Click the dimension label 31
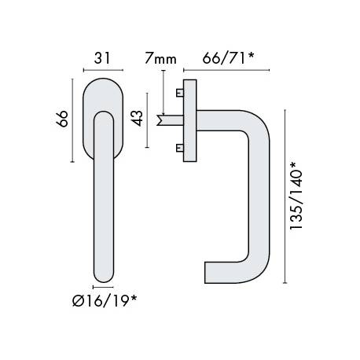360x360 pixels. tap(99, 58)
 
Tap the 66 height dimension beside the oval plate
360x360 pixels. tap(65, 118)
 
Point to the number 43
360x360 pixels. tap(137, 119)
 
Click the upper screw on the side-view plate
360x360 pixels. tap(181, 94)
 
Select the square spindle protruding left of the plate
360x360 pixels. tap(167, 120)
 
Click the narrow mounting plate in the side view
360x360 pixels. tap(189, 120)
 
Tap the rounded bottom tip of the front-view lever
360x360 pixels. tap(102, 277)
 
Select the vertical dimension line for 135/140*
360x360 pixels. tap(281, 197)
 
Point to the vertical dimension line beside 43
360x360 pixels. tap(148, 120)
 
